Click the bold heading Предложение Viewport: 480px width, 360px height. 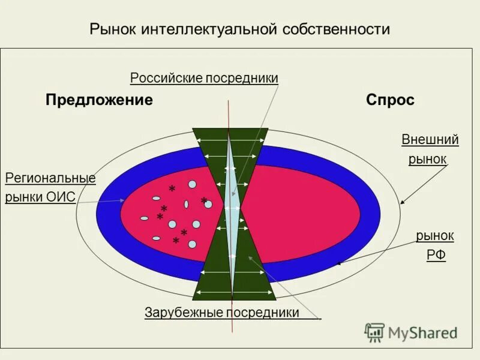pyautogui.click(x=99, y=100)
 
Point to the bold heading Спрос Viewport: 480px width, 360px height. pyautogui.click(x=390, y=100)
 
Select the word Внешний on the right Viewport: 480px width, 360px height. pyautogui.click(x=430, y=140)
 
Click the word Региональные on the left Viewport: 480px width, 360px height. pyautogui.click(x=50, y=178)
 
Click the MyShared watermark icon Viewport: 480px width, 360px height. pyautogui.click(x=374, y=332)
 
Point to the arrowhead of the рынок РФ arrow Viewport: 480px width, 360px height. pyautogui.click(x=338, y=263)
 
